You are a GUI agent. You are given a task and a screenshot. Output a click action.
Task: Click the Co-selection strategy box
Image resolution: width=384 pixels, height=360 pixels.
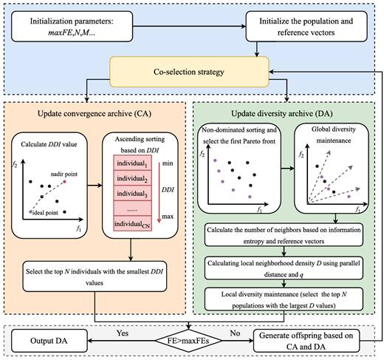pos(189,72)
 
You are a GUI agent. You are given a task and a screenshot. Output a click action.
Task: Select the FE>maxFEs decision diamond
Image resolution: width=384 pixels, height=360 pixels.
pos(188,341)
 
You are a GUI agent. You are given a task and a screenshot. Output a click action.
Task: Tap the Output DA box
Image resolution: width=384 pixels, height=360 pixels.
pos(49,341)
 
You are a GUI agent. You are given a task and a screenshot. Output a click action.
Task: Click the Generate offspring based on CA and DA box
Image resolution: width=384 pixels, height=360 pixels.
pos(306,341)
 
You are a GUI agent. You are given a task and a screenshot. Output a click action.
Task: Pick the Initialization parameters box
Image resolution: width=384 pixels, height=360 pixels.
pos(72,27)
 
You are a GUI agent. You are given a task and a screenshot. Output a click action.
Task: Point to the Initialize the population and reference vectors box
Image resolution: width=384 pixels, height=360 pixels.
pos(306,27)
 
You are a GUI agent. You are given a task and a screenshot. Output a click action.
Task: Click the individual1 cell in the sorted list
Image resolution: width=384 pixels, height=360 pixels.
pos(132,163)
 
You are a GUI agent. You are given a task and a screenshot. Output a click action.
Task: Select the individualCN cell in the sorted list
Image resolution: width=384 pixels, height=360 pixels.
pos(132,223)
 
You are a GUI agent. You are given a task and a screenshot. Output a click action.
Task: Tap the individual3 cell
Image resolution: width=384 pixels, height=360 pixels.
pos(132,193)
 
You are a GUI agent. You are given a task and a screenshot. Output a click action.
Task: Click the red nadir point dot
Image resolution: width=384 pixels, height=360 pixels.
pos(65,182)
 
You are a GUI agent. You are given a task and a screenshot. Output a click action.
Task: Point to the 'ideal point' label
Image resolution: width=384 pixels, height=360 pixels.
pos(46,213)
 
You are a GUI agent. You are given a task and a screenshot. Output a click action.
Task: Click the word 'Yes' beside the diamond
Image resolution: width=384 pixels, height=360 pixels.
pos(123,333)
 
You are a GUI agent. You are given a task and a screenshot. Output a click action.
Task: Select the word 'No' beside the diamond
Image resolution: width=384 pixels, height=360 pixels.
pos(235,333)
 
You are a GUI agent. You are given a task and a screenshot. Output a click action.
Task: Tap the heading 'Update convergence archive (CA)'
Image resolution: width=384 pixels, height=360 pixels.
pos(95,114)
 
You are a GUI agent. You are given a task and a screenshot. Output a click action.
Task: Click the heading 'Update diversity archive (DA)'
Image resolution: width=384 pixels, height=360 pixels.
pos(282,114)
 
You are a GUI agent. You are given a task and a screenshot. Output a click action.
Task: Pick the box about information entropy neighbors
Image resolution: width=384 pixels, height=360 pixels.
pos(284,235)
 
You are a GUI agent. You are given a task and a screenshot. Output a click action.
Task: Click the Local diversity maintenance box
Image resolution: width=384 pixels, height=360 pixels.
pos(284,299)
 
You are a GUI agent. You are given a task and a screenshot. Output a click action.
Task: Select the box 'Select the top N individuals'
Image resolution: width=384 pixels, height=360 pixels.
pos(95,276)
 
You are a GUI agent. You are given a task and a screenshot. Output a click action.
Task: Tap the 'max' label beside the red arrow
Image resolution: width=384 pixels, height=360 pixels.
pos(168,217)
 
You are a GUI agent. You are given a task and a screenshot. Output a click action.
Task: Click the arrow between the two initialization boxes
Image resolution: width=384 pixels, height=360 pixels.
pos(189,26)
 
